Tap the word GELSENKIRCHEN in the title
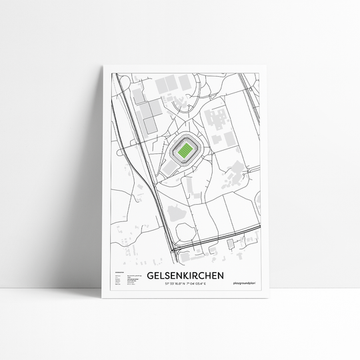tap(185, 275)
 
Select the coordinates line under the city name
tap(185, 285)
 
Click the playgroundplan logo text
tap(244, 285)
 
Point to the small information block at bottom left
tap(124, 279)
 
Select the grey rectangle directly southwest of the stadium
tap(165, 171)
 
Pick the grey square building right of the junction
tap(231, 243)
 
